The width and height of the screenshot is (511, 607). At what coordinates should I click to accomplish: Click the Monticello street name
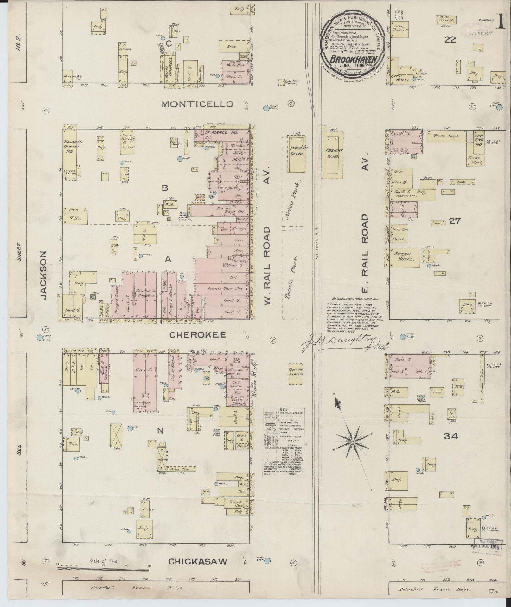click(x=197, y=104)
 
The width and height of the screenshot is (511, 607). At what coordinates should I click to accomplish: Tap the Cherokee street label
click(x=197, y=335)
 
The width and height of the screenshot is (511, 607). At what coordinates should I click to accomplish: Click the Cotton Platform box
click(x=296, y=372)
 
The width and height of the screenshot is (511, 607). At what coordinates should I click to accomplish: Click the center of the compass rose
click(x=352, y=442)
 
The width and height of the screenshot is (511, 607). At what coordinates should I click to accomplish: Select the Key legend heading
click(x=283, y=410)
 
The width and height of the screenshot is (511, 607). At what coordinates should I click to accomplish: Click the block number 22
click(x=450, y=40)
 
